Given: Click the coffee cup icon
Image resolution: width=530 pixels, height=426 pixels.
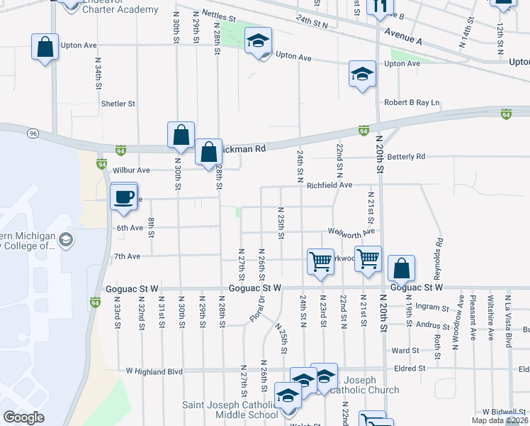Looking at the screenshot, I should click(x=124, y=197).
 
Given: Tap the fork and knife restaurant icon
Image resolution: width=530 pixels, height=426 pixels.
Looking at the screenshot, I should click(x=379, y=6).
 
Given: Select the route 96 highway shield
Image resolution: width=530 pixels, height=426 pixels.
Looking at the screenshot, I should click(x=33, y=133).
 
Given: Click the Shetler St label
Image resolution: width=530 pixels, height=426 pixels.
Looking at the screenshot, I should click(x=118, y=104).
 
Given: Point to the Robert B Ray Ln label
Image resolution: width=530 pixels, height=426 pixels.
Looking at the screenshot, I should click(x=412, y=103).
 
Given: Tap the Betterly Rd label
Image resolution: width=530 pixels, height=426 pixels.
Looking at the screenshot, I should click(x=406, y=156).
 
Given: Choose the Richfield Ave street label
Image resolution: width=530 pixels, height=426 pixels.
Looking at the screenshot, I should click(x=329, y=185).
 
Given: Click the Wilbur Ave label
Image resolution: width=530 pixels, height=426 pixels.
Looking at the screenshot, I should click(x=132, y=170).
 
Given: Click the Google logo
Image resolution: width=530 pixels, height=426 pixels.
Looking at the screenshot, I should click(x=23, y=417).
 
